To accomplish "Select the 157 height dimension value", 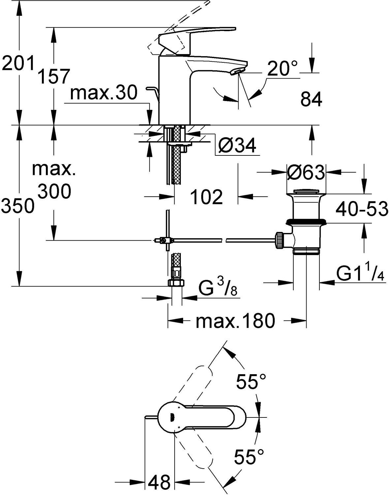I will pyautogui.click(x=54, y=77).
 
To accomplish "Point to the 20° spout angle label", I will pyautogui.click(x=282, y=69).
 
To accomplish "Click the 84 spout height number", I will pyautogui.click(x=311, y=99).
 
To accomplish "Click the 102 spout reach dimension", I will pyautogui.click(x=207, y=197).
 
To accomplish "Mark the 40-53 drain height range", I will pyautogui.click(x=362, y=209).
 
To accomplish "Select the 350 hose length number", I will pyautogui.click(x=18, y=206).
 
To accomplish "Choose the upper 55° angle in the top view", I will pyautogui.click(x=251, y=382).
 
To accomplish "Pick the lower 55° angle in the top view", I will pyautogui.click(x=249, y=457).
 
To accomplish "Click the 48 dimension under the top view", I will pyautogui.click(x=159, y=482).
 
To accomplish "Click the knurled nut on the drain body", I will pyautogui.click(x=279, y=240).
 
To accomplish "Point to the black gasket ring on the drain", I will pyautogui.click(x=306, y=222).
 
